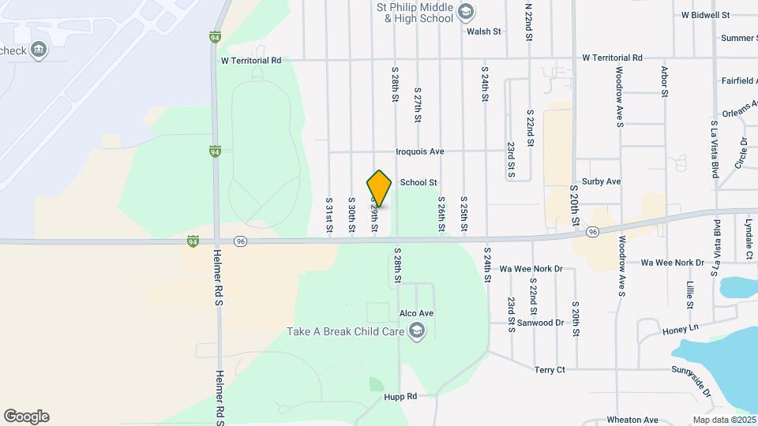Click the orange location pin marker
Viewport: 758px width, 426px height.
380,188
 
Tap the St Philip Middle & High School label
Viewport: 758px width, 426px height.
414,12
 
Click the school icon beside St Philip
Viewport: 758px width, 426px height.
466,11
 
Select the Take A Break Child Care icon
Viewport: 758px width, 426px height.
418,331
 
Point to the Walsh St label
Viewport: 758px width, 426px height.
484,32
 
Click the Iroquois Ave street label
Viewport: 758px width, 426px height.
422,151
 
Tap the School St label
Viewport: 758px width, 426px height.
418,182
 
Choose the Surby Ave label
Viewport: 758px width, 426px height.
601,181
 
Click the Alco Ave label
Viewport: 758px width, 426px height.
417,313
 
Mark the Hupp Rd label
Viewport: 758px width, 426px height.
401,397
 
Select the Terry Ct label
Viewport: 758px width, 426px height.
550,369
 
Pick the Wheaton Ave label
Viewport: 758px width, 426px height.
632,420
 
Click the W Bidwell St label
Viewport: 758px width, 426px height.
705,15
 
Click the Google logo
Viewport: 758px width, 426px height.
26,417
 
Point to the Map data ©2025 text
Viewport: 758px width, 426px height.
724,420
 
